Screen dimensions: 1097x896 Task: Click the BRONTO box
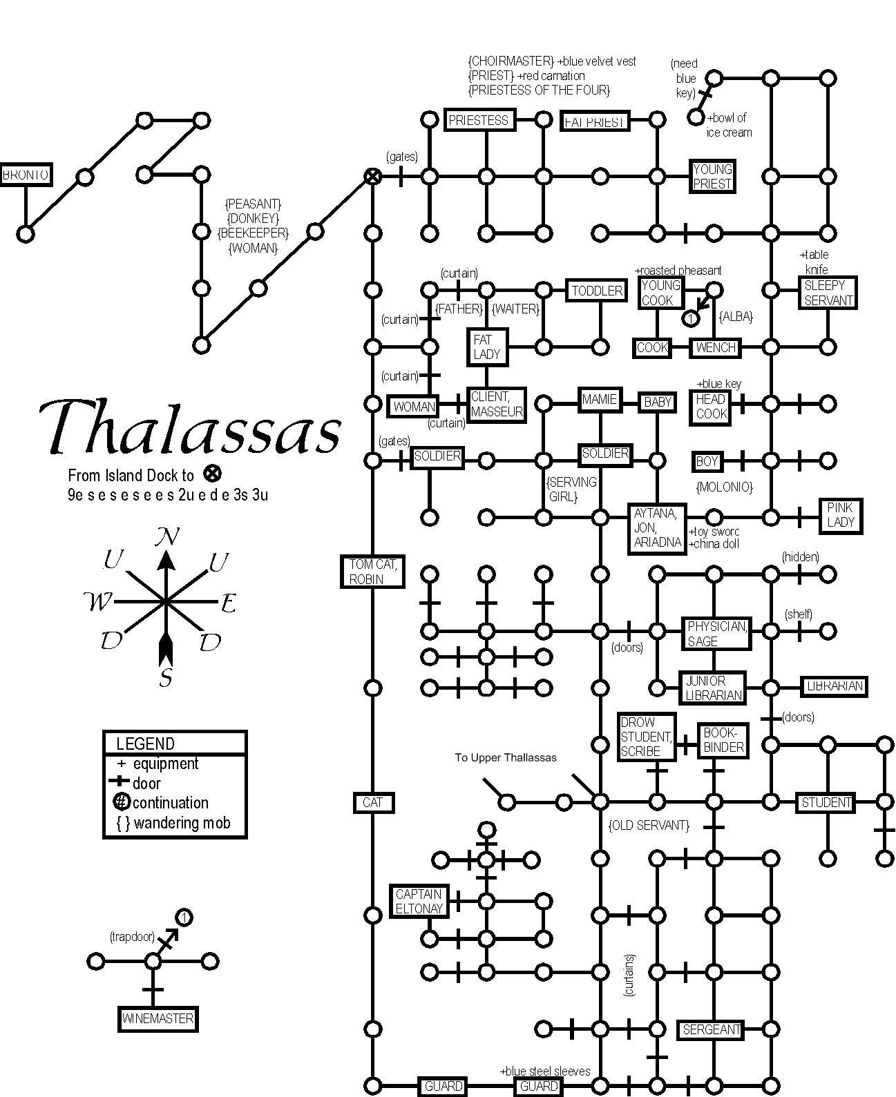26,175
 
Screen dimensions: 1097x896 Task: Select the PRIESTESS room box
478,120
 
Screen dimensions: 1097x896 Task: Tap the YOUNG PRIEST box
712,177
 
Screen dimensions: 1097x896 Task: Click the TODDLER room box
597,291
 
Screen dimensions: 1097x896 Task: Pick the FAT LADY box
487,347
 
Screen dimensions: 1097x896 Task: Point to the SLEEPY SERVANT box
828,293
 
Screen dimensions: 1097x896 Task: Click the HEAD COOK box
711,407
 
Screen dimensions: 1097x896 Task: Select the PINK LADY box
840,515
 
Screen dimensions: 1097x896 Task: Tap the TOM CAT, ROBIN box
373,572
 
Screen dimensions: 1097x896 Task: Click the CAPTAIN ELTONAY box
419,901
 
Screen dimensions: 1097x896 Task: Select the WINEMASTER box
158,1018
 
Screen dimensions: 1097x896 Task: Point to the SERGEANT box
712,1029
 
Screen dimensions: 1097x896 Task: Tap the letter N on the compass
166,537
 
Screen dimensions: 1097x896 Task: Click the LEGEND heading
146,744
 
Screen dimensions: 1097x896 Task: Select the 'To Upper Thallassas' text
505,757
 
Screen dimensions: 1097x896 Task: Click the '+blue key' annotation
718,384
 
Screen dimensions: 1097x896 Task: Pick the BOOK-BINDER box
723,740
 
